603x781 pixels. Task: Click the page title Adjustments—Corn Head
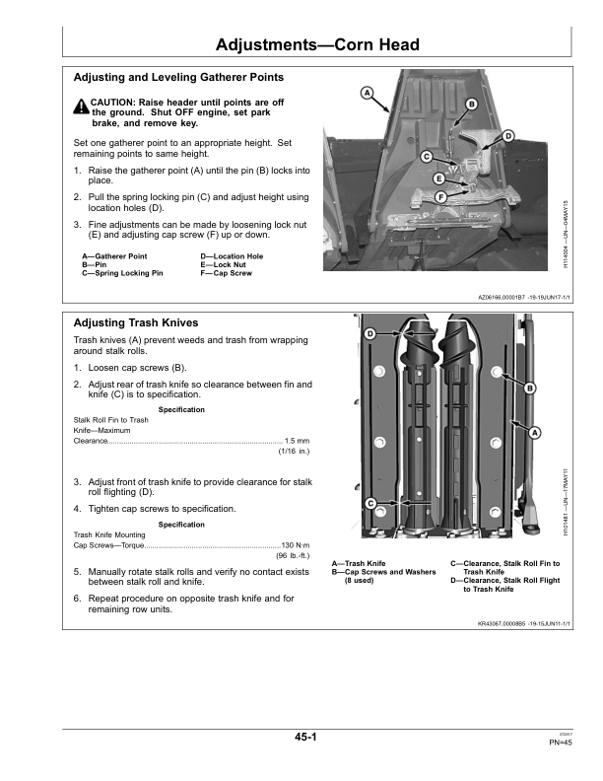[317, 45]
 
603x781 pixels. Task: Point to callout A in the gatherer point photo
[366, 94]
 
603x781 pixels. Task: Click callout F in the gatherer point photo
[440, 197]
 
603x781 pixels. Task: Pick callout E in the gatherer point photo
[438, 178]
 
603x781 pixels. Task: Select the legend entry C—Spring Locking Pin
[122, 272]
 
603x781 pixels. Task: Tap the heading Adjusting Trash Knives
[136, 323]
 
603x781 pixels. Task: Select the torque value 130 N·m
[296, 544]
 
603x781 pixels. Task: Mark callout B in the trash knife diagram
[530, 389]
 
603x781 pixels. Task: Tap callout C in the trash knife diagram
[370, 504]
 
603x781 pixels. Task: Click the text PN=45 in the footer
[561, 744]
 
